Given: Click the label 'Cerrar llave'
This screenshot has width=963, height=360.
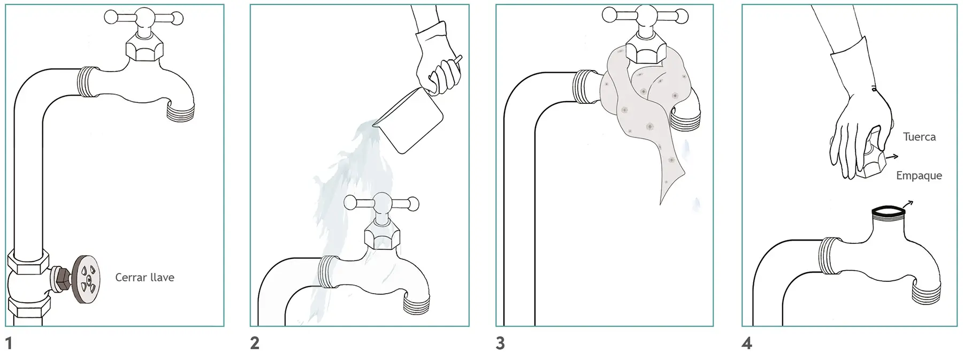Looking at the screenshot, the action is pos(144,278).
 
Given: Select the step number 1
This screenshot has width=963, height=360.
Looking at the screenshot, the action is pos(9,343).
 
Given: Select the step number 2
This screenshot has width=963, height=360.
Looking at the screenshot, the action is pos(255,343).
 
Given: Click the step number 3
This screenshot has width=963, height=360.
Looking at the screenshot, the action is pos(500,343).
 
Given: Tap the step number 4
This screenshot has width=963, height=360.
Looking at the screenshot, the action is pos(747,343).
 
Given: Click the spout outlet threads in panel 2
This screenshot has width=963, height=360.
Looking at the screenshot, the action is pos(416,304).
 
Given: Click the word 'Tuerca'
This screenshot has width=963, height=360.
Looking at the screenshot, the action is pos(919,137).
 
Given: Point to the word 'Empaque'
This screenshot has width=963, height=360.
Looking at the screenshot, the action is pos(919,175).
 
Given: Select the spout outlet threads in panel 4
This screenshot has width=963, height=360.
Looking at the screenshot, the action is pos(926,296).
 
